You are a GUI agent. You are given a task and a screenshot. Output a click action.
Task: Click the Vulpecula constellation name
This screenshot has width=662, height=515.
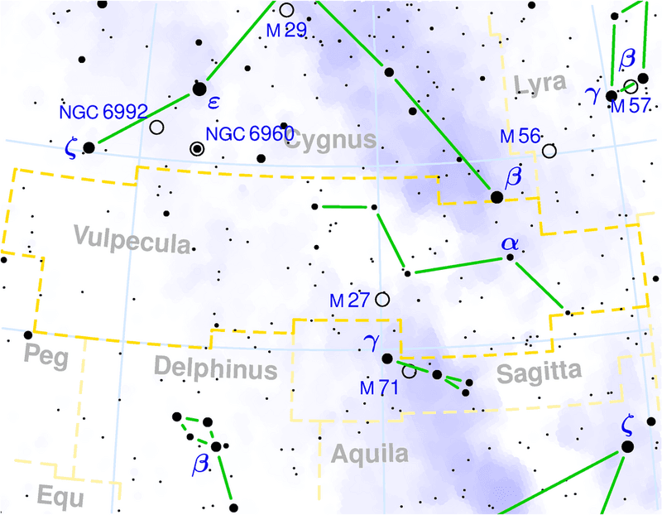coord(132,238)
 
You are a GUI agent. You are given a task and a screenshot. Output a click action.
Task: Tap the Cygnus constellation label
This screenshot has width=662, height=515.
coord(330,142)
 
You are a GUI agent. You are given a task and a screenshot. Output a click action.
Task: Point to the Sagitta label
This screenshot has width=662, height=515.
coord(540,373)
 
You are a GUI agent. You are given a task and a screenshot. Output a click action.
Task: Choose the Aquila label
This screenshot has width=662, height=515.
coord(370,454)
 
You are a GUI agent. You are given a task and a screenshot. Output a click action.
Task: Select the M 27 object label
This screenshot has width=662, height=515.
coord(350,301)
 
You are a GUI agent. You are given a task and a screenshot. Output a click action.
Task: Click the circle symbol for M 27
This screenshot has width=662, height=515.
coord(382,299)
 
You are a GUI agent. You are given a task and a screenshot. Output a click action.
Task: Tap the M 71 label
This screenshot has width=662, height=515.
coord(379,388)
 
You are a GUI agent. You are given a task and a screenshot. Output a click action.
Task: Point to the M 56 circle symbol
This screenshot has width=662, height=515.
coord(549,151)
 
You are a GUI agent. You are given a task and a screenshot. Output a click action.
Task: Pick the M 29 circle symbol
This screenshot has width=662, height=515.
coord(287,10)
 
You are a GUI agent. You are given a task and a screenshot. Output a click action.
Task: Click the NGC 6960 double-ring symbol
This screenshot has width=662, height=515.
coord(197,149)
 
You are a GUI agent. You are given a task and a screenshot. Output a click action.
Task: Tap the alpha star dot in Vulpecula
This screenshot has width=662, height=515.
coord(510,258)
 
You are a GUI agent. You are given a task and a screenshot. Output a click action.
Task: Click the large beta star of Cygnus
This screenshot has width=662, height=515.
coord(496,197)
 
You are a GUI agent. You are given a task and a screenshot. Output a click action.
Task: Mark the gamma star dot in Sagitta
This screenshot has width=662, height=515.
coord(386,359)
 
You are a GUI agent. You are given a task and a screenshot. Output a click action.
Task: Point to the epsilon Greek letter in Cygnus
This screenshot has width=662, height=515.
coord(213,103)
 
